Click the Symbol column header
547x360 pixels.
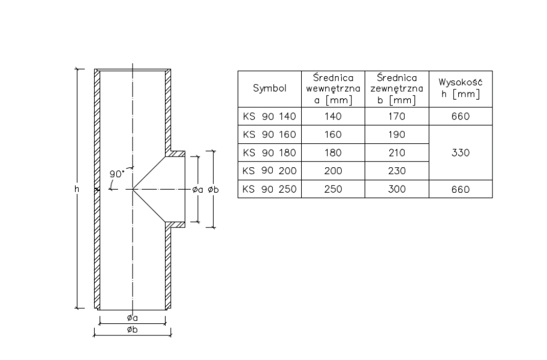click(270, 89)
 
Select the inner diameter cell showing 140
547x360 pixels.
click(333, 116)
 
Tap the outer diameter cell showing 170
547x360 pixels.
click(396, 116)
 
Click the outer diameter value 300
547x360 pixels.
click(396, 189)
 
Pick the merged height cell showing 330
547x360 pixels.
click(461, 152)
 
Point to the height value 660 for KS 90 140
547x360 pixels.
click(461, 116)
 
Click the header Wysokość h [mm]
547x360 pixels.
click(461, 89)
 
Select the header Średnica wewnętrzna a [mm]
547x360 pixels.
click(333, 89)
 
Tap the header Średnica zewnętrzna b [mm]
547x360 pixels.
click(396, 89)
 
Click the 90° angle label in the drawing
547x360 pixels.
click(116, 174)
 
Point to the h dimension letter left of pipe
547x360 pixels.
click(76, 189)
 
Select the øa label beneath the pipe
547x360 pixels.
click(133, 319)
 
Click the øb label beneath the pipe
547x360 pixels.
click(133, 330)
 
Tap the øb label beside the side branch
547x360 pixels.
click(212, 189)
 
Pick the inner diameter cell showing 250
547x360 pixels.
click(333, 189)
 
